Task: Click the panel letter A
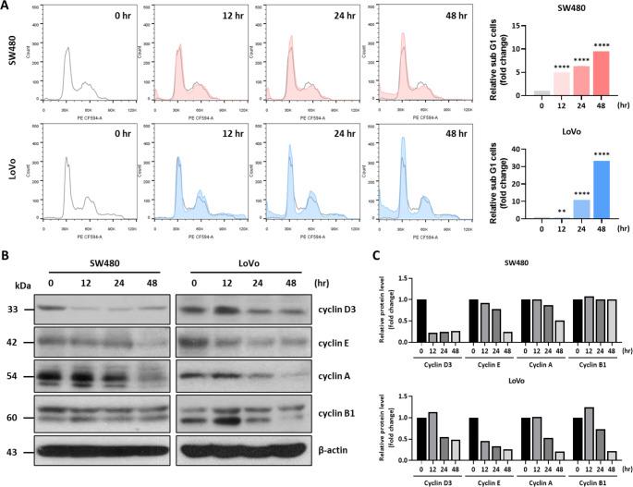pos(7,7)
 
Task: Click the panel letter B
pos(7,226)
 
